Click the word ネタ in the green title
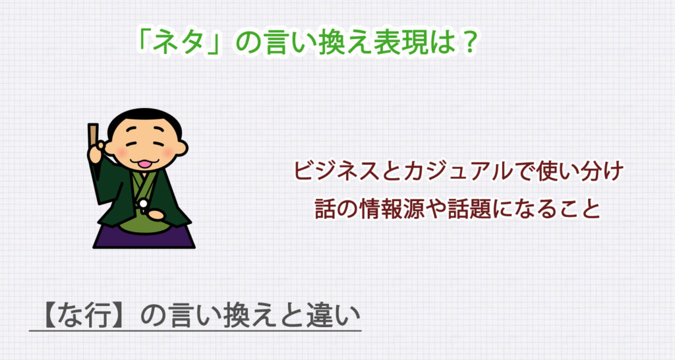coord(177,44)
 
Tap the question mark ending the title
coord(466,44)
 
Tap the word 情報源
coord(394,208)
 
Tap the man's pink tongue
coord(143,163)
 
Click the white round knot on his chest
coord(143,202)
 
